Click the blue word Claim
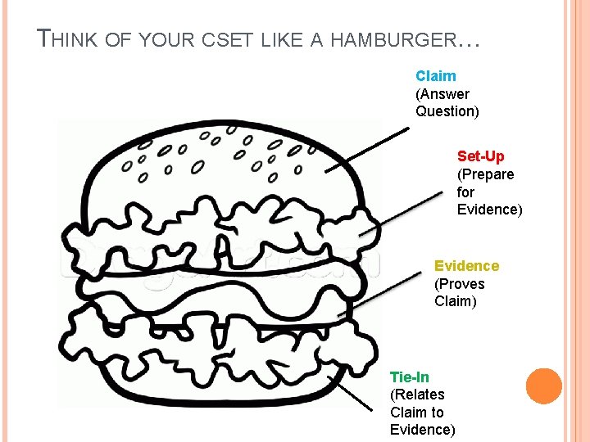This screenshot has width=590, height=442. click(435, 76)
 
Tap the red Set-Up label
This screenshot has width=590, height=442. click(480, 156)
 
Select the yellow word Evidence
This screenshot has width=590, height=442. click(466, 266)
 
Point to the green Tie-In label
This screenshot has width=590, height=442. click(409, 377)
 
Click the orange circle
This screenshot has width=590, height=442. click(543, 386)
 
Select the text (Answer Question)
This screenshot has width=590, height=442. click(447, 102)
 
